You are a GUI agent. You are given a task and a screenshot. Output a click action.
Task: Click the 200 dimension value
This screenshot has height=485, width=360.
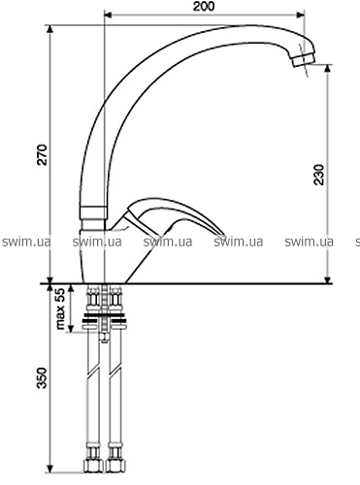(204, 6)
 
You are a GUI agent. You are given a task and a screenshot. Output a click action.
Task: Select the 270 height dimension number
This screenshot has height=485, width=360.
(42, 155)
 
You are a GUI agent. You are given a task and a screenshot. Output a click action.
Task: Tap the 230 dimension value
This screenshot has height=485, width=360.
(319, 175)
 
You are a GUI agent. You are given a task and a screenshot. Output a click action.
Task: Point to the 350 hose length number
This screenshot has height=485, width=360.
(42, 378)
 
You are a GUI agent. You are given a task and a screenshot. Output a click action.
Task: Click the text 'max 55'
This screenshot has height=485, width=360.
(60, 308)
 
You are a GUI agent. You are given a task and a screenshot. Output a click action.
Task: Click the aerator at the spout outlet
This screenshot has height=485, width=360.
(304, 60)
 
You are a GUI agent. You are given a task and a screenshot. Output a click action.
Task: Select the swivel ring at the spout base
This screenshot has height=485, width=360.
(93, 213)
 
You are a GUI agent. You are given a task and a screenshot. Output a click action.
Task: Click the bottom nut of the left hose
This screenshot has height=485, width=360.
(93, 464)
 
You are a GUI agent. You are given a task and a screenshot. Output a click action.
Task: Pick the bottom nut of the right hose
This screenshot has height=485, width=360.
(115, 464)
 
